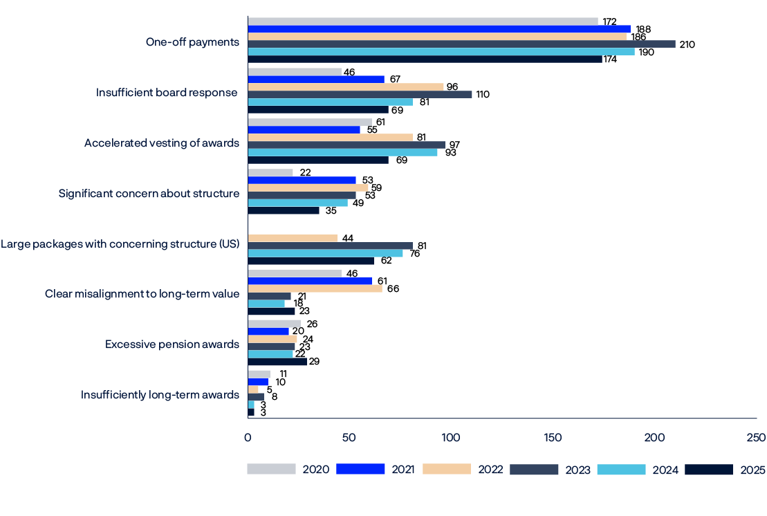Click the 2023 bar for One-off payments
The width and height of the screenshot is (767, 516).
(461, 44)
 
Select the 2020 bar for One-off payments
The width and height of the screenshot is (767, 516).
(423, 21)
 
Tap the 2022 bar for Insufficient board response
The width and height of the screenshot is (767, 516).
(346, 86)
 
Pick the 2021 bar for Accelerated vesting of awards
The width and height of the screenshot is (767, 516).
(304, 129)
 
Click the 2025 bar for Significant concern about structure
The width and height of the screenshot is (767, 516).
(284, 210)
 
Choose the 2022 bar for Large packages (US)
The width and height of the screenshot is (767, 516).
(293, 238)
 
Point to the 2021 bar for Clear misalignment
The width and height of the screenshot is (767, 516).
(310, 281)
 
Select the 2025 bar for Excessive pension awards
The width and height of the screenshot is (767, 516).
(277, 361)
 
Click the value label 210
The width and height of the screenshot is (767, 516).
(687, 44)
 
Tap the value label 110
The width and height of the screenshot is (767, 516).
(483, 94)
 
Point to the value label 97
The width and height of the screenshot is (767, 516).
(454, 145)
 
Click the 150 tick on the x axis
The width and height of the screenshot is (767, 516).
(553, 437)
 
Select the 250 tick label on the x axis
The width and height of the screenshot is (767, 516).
(756, 437)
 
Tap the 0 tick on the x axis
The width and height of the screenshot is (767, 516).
(248, 437)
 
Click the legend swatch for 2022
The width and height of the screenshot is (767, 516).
(447, 470)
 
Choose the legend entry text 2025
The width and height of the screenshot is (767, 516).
(752, 470)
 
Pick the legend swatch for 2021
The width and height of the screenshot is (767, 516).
(360, 470)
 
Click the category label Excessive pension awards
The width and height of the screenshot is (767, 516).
(172, 344)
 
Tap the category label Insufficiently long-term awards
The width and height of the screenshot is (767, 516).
(160, 395)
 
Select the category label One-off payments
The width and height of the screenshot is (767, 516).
(192, 42)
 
